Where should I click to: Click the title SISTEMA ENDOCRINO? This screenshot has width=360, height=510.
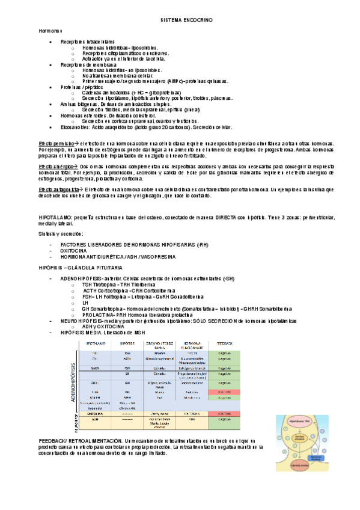(x=180, y=20)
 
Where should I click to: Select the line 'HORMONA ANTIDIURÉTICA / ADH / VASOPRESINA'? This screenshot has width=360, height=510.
(x=108, y=257)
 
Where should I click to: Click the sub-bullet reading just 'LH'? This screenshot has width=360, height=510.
(x=85, y=303)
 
